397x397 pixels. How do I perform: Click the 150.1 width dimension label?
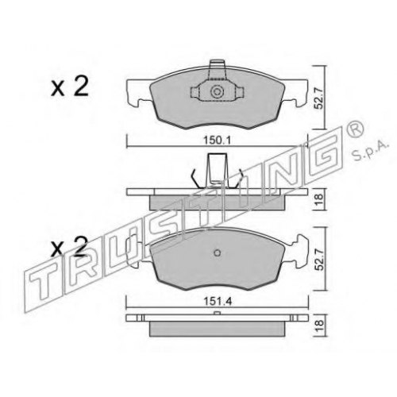(217, 141)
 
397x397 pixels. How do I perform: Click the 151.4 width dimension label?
(218, 302)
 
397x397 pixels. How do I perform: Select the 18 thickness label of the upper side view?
(319, 197)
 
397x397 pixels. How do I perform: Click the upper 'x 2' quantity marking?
(70, 87)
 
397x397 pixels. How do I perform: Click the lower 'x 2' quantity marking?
(69, 247)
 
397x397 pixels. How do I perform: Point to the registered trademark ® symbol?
(357, 129)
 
